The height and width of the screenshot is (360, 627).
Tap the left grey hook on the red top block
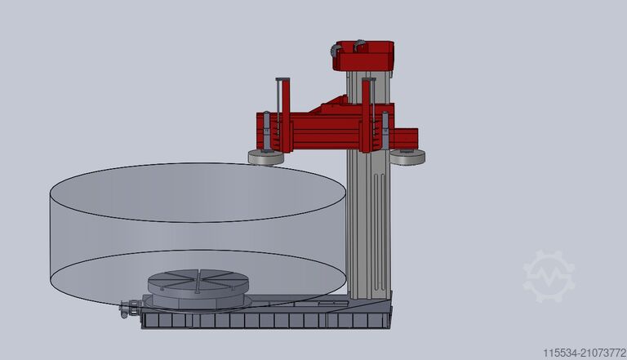coord(336,53)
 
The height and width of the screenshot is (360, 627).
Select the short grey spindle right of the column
coord(385,131)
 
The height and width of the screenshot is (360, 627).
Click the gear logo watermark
coord(549,276)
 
